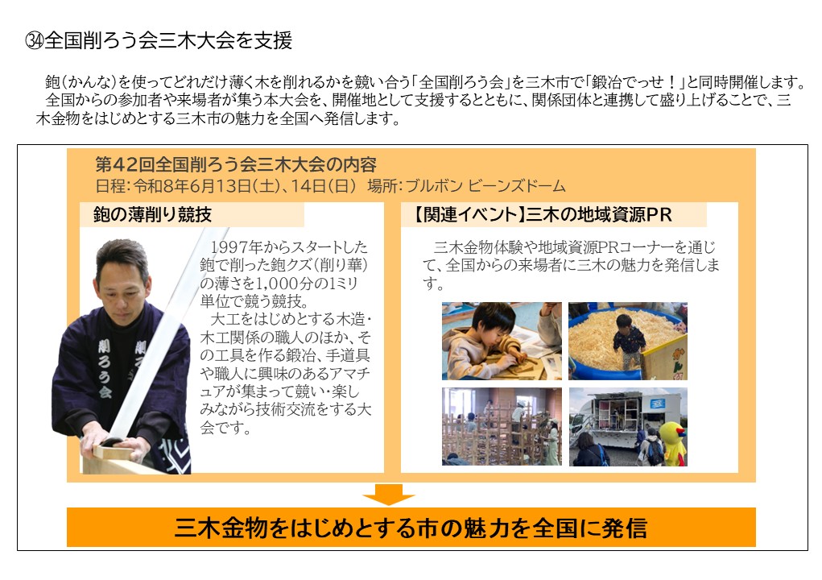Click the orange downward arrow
click(388, 494)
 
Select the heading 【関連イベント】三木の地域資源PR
click(543, 215)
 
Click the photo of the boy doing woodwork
click(501, 341)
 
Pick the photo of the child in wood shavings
click(627, 341)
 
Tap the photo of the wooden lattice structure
click(501, 426)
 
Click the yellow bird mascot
click(672, 444)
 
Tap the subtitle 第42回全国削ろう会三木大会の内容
click(235, 165)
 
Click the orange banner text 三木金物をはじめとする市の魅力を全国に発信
click(411, 528)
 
